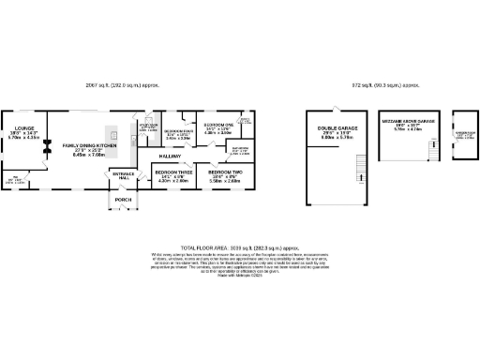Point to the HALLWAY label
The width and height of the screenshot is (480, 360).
tap(170, 157)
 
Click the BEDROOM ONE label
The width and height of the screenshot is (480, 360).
tap(218, 124)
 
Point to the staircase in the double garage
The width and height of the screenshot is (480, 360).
tap(358, 170)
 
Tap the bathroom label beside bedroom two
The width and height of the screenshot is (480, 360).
tap(238, 150)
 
